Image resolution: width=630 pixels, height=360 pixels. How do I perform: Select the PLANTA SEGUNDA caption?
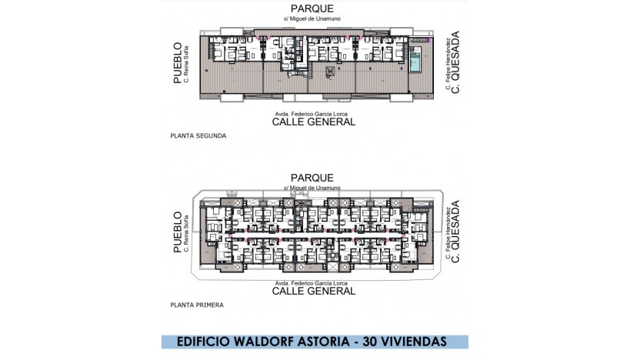point(197,135)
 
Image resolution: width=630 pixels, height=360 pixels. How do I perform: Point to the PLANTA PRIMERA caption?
point(196,305)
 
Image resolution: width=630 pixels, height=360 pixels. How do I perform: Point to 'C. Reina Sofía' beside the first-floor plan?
point(187,234)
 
